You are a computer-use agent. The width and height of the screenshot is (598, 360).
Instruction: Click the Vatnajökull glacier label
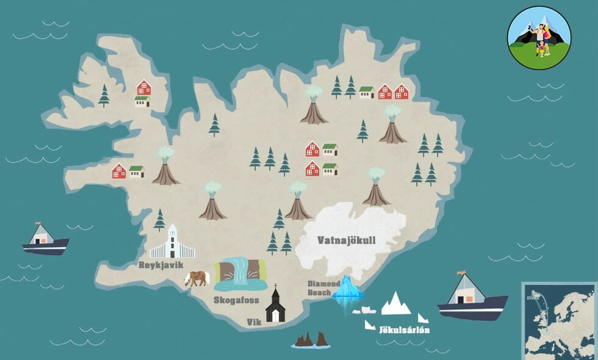[x=346, y=240]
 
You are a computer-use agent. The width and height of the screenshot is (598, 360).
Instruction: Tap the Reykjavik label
[x=161, y=265]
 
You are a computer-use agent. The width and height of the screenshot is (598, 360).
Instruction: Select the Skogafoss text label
[x=236, y=300]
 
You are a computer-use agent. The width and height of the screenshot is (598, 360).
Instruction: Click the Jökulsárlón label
[x=405, y=329]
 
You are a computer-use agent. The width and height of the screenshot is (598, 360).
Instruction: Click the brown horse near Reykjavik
[x=196, y=278]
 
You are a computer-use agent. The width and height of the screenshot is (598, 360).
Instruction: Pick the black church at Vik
[x=275, y=304]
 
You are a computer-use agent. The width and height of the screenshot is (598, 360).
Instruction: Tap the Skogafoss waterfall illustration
[x=241, y=273]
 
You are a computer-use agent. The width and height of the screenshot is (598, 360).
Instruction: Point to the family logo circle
[x=539, y=37]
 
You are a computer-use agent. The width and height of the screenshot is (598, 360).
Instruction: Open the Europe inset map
[x=560, y=320]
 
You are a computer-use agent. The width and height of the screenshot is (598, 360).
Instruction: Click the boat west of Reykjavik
[x=45, y=239]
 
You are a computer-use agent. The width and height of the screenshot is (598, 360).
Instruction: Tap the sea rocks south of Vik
[x=311, y=340]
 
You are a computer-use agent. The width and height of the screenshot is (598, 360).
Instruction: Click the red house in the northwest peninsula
[x=143, y=88]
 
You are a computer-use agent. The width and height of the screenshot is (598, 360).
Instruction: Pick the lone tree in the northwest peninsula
[x=104, y=95]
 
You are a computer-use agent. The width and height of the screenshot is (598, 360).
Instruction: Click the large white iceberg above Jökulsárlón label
[x=396, y=303]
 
